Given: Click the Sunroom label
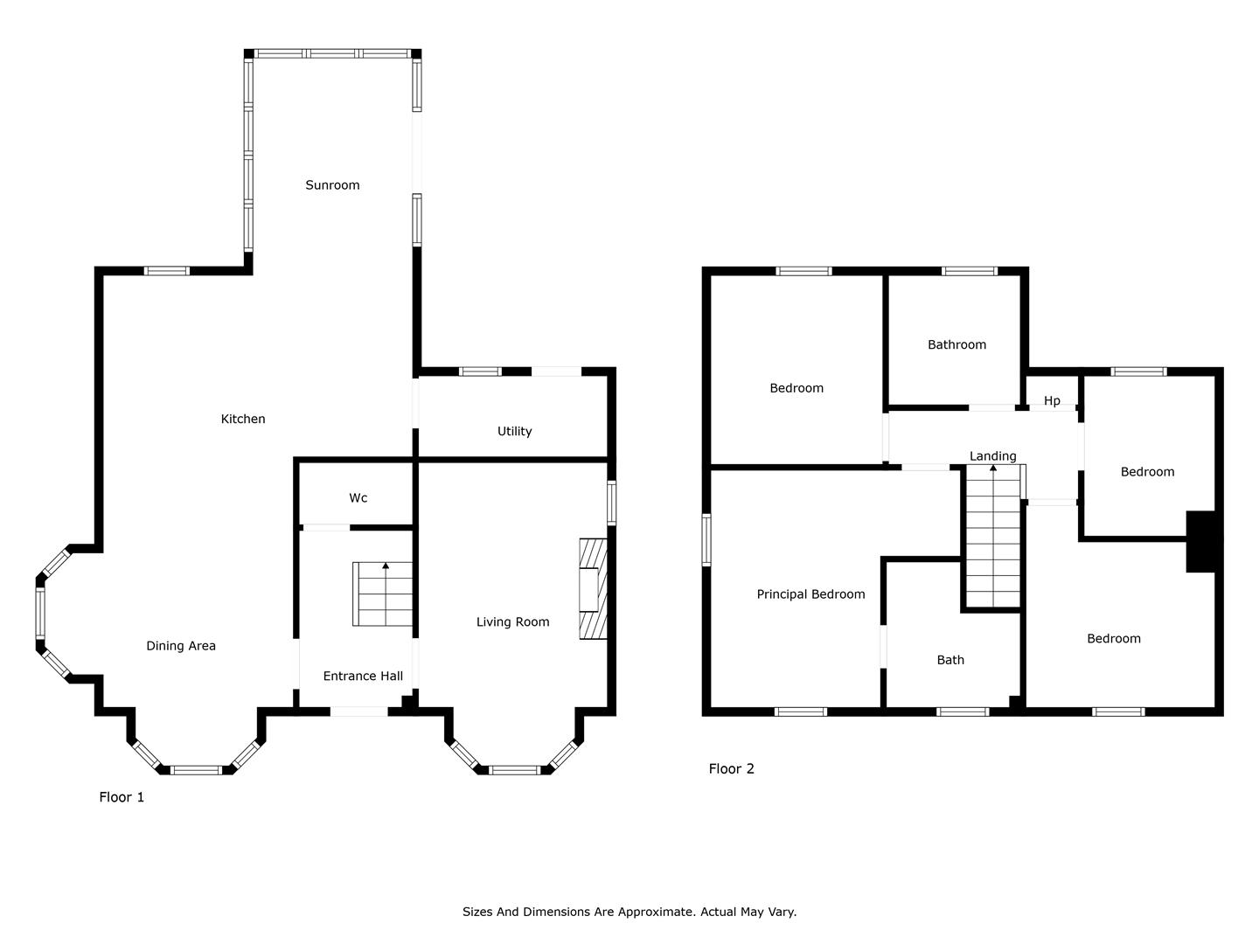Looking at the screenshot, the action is (x=332, y=185).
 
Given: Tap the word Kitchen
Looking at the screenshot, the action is (x=243, y=419).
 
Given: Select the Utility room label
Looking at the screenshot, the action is (x=514, y=431).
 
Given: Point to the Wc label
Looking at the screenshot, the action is (x=358, y=497).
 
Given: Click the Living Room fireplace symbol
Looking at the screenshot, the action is (x=593, y=588).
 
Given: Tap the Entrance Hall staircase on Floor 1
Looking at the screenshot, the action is (x=383, y=593).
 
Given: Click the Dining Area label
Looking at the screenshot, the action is (x=181, y=646).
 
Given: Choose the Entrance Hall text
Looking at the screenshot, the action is (x=363, y=676).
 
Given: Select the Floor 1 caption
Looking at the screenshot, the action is (x=122, y=797).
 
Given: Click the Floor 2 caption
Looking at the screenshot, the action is (x=731, y=768).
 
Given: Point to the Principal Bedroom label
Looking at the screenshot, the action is (x=810, y=594).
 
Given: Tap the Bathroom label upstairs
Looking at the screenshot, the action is (x=956, y=344).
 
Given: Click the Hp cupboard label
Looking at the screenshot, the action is (x=1052, y=400).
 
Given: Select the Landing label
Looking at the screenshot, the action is (x=993, y=456).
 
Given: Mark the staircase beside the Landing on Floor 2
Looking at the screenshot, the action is (x=993, y=536).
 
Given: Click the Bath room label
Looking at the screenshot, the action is (x=950, y=660).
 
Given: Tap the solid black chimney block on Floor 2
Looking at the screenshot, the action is (x=1200, y=542).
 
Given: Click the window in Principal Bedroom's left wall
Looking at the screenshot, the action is (x=706, y=540).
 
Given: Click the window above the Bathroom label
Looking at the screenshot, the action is (x=970, y=271).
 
